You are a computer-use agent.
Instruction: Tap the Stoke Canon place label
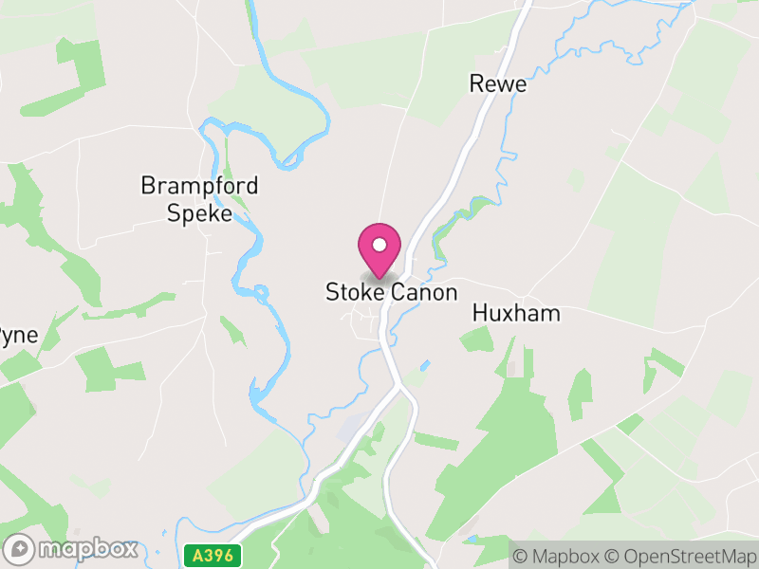(391, 293)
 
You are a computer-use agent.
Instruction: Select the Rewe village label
(497, 84)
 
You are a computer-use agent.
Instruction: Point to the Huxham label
(516, 314)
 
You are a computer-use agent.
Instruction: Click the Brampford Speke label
(199, 199)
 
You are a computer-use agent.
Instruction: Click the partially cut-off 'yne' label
(17, 337)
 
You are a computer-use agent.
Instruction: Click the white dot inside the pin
(379, 246)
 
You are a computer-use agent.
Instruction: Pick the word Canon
(424, 293)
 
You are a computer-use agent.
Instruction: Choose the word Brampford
(199, 185)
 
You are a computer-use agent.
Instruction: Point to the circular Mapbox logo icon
(21, 549)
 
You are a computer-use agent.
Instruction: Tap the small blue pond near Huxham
(424, 365)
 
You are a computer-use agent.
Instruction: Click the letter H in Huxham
(478, 314)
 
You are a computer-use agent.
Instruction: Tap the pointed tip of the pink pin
(379, 278)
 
